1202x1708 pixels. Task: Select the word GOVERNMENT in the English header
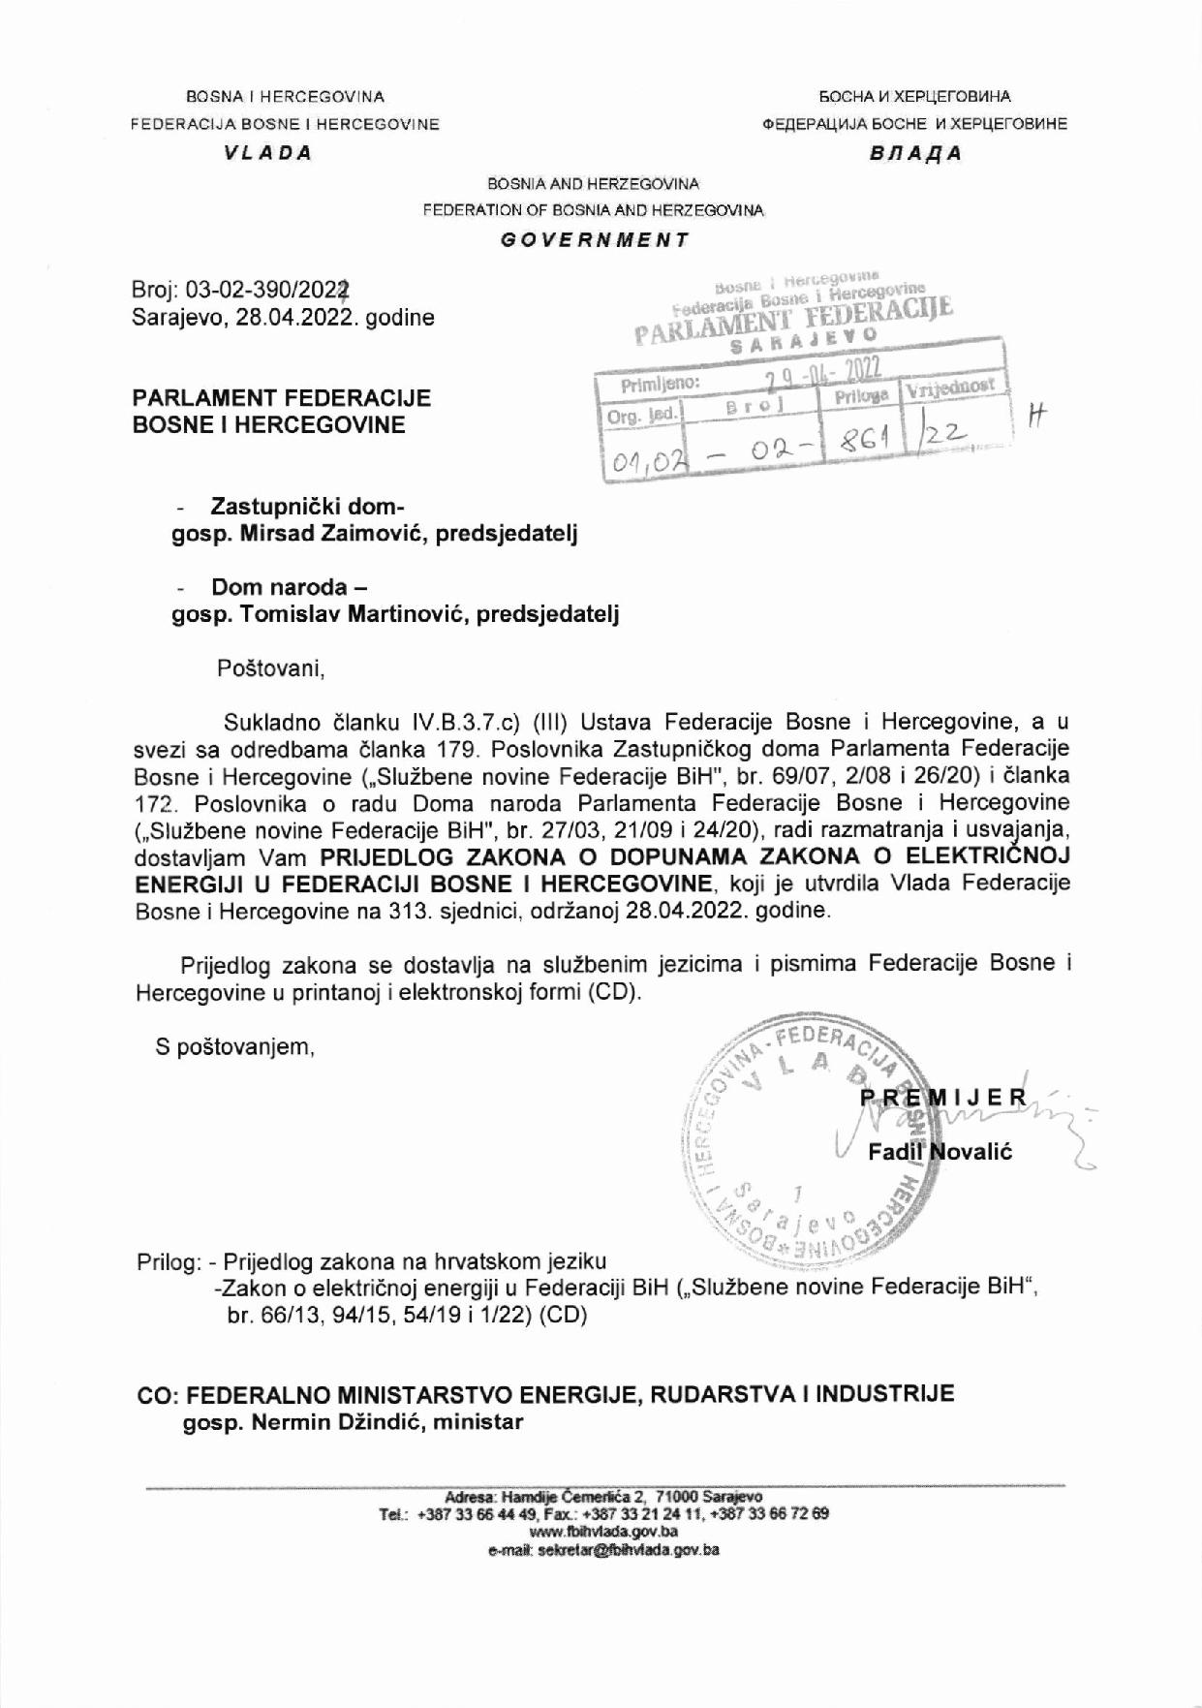(x=595, y=239)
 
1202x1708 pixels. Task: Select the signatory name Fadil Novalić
(x=940, y=1153)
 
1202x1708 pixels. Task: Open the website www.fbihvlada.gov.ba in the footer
(x=603, y=1532)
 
